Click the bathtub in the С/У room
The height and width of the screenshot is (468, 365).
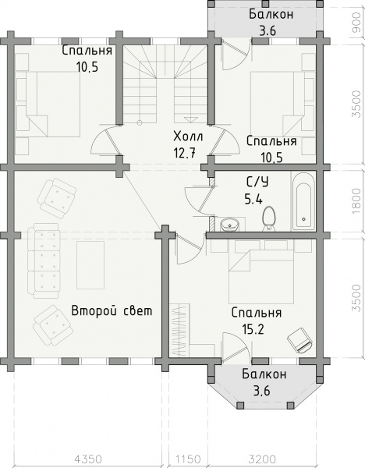pos(303,201)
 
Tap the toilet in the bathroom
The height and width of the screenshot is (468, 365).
pos(268,218)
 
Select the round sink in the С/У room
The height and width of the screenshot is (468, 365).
pos(230,225)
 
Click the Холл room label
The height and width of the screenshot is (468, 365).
pos(188,136)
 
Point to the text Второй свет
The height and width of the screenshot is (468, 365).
pos(112,310)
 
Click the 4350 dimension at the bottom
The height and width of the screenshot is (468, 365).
pos(88,458)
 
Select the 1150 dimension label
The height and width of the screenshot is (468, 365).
pos(188,458)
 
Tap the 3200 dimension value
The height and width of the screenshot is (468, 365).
pos(262,458)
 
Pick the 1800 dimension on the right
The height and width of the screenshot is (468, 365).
pos(356,201)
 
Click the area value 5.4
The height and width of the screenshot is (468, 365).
pos(253,199)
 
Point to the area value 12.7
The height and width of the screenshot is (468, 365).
pos(184,154)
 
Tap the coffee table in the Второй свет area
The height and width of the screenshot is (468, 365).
pos(90,265)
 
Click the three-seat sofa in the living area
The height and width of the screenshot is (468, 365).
pos(43,261)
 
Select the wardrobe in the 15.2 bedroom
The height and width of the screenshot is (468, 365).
pos(180,330)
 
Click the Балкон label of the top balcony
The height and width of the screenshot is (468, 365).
pos(271,14)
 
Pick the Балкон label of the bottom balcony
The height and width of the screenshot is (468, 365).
pos(264,374)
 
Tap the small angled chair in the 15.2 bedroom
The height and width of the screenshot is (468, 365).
pos(299,339)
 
